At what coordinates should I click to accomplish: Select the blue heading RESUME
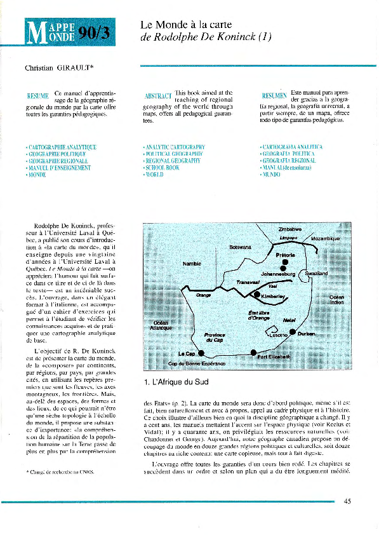[37, 96]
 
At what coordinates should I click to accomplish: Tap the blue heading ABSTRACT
[158, 97]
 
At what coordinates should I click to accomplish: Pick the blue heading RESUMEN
[274, 96]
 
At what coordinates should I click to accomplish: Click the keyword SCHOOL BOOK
[162, 168]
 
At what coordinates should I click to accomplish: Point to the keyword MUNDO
[270, 175]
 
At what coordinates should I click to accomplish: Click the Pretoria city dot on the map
[285, 261]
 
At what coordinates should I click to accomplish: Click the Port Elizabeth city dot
[254, 352]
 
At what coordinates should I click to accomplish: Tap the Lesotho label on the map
[277, 335]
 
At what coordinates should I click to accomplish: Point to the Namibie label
[192, 263]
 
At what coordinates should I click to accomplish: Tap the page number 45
[347, 501]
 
